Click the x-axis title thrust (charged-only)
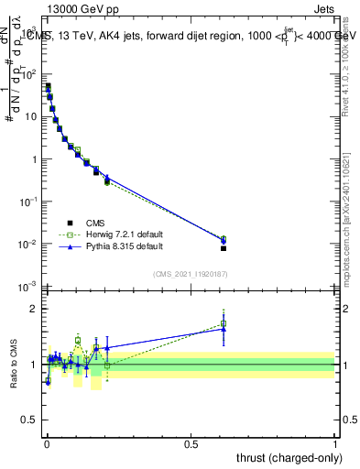pos(289,457)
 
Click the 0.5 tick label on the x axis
pos(191,443)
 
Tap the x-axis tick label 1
pos(335,443)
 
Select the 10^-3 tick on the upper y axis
pos(31,287)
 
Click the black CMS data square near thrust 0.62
pos(224,248)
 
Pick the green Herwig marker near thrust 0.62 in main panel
pos(224,239)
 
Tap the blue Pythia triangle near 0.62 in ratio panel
pos(224,328)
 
